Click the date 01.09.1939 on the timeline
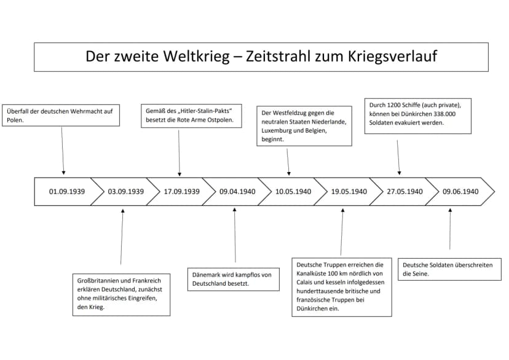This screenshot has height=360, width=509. [x=67, y=192]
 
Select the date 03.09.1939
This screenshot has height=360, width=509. [x=125, y=192]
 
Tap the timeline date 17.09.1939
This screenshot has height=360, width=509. [x=181, y=192]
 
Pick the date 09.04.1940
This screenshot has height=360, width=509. [x=237, y=192]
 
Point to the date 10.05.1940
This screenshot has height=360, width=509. [x=293, y=192]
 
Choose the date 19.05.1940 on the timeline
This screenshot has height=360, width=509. [x=349, y=192]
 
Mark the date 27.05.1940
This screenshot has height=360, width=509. [x=404, y=192]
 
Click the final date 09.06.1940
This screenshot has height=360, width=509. [x=460, y=192]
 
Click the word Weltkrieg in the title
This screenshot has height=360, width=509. [x=196, y=56]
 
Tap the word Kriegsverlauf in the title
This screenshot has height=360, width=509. [x=393, y=57]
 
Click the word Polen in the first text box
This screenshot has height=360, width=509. [x=15, y=120]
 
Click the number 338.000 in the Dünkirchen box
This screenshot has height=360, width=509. [x=444, y=114]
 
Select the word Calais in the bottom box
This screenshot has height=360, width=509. [x=305, y=283]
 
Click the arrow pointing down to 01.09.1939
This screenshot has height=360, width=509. [x=63, y=151]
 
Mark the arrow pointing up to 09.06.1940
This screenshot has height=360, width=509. [x=450, y=229]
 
